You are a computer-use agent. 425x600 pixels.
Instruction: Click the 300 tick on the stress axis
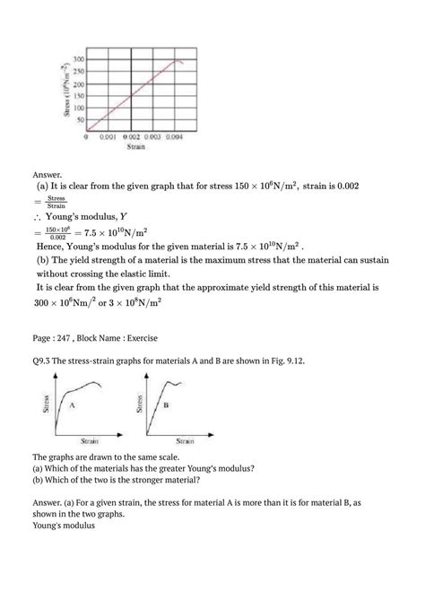point(78,60)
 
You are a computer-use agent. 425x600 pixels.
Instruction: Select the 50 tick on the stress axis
point(80,118)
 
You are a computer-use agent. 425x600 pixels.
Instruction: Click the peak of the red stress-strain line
point(177,60)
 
